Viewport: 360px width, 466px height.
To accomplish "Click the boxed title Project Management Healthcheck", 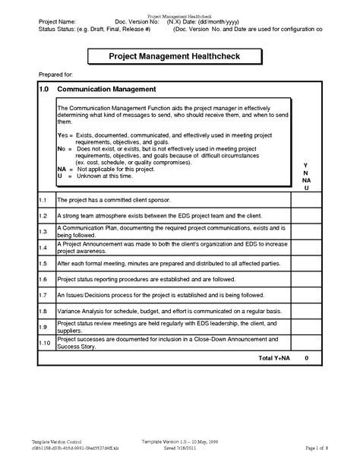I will click(180, 56).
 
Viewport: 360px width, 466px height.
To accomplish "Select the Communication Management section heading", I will click(103, 89).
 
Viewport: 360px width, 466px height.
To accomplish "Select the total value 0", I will click(306, 357).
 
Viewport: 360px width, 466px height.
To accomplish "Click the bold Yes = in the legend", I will click(65, 134).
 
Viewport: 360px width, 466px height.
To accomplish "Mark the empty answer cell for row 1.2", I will click(306, 216).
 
